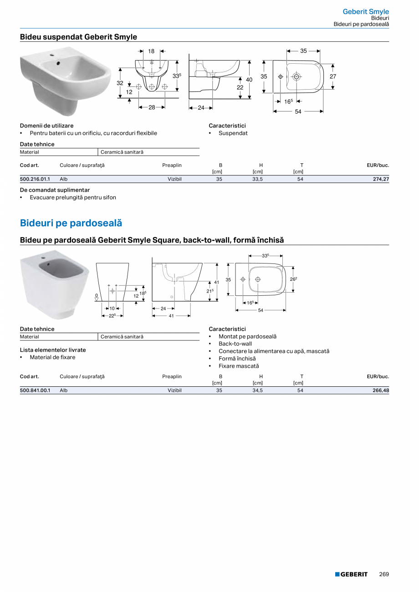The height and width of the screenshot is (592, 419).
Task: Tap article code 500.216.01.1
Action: (35, 179)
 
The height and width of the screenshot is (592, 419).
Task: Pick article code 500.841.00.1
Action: (35, 390)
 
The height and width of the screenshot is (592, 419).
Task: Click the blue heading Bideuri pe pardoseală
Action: (71, 223)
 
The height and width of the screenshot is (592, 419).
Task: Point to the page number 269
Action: (384, 574)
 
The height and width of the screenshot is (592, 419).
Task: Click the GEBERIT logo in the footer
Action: (351, 574)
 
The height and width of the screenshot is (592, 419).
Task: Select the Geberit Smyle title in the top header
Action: (366, 12)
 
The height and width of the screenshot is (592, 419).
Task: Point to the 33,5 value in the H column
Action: (258, 179)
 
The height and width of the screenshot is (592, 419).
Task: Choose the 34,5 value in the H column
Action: (258, 390)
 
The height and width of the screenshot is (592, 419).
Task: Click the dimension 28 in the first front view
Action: (152, 107)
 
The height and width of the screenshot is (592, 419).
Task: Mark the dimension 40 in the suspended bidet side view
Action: (249, 80)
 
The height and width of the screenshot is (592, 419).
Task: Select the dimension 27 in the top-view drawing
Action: (333, 76)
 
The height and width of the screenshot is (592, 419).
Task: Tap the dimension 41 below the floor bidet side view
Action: (172, 315)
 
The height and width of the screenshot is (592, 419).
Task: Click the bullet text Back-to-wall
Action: (235, 344)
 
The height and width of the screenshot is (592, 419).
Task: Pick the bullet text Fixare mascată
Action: (239, 366)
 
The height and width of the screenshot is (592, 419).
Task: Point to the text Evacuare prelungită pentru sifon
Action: (73, 197)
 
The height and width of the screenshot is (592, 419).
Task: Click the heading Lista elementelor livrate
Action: (53, 350)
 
